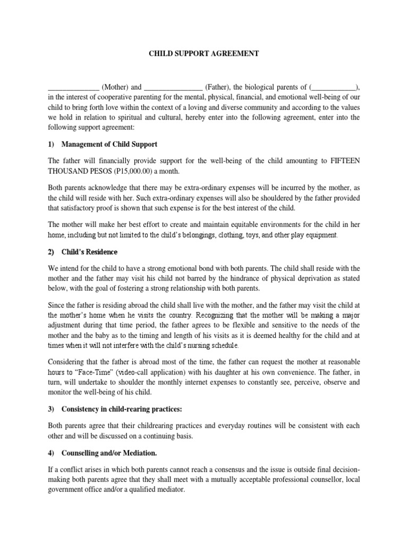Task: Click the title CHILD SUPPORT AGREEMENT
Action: click(x=203, y=54)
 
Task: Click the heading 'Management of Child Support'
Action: click(x=109, y=144)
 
